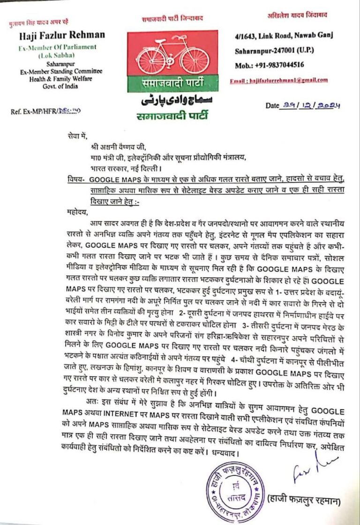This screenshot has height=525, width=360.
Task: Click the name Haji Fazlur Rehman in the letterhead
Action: (62, 35)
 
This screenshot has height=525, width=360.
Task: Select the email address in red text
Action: (279, 81)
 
